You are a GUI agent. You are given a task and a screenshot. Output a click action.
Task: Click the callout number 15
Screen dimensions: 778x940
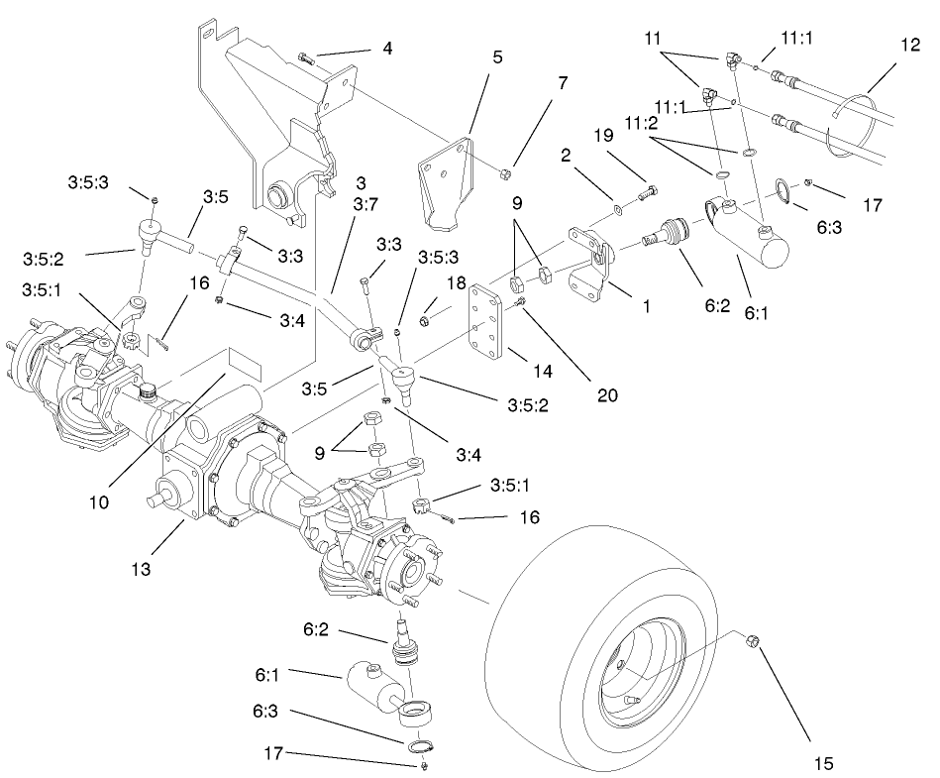pyautogui.click(x=824, y=763)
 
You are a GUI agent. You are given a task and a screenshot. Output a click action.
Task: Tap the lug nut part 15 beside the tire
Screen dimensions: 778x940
pyautogui.click(x=751, y=642)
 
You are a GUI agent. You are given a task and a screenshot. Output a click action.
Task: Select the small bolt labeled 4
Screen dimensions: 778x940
pyautogui.click(x=305, y=61)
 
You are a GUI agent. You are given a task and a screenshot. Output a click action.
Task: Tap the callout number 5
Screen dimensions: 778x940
pyautogui.click(x=496, y=56)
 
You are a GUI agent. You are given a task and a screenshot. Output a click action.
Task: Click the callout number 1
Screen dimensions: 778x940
pyautogui.click(x=646, y=306)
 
